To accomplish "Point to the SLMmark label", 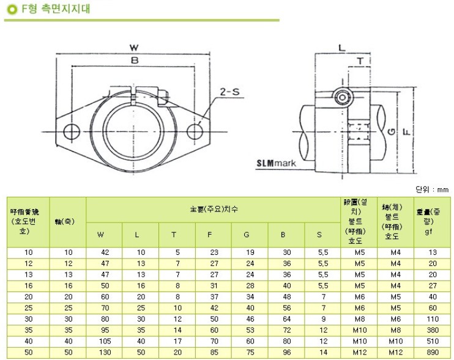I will [x=276, y=164].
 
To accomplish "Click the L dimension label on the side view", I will [x=342, y=47].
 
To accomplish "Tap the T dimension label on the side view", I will [x=360, y=61].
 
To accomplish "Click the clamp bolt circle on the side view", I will [x=343, y=97].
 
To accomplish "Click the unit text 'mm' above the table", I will [x=443, y=189].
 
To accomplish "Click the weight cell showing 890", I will [x=433, y=353].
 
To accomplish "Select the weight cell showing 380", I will [x=433, y=329].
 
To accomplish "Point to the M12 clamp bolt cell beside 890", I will [x=395, y=353].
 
